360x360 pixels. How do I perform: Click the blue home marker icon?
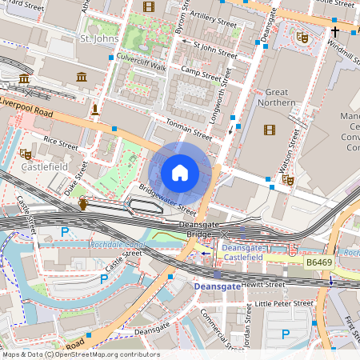[x=180, y=173]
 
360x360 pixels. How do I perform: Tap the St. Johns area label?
[x=98, y=38]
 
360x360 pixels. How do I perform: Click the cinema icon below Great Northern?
[x=270, y=130]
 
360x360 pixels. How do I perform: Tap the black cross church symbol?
[x=335, y=31]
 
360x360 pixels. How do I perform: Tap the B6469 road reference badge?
[x=318, y=261]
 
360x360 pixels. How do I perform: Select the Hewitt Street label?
[x=263, y=284]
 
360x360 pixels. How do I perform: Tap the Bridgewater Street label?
[x=166, y=200]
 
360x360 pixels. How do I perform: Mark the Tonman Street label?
[x=186, y=129]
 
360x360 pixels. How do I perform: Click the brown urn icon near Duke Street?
[x=84, y=206]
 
